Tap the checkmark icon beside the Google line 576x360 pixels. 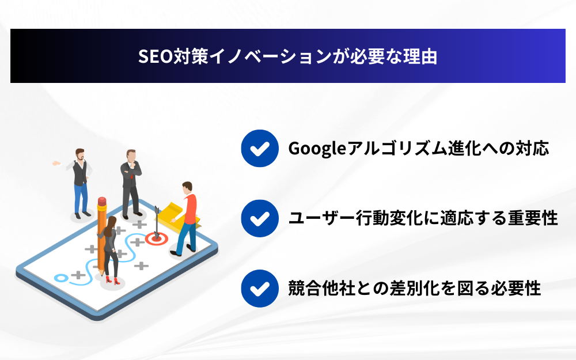pyautogui.click(x=260, y=149)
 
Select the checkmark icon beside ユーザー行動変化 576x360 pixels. pyautogui.click(x=260, y=218)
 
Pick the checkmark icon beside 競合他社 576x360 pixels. pyautogui.click(x=260, y=289)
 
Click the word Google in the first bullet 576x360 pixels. pyautogui.click(x=317, y=149)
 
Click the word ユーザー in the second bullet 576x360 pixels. pyautogui.click(x=322, y=218)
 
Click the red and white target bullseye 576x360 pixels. pyautogui.click(x=157, y=239)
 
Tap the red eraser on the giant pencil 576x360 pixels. pyautogui.click(x=102, y=202)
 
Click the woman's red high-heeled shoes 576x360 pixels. pyautogui.click(x=113, y=281)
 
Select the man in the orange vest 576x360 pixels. pyautogui.click(x=186, y=219)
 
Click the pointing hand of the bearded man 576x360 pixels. pyautogui.click(x=56, y=163)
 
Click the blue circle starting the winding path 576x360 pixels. pyautogui.click(x=61, y=278)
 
